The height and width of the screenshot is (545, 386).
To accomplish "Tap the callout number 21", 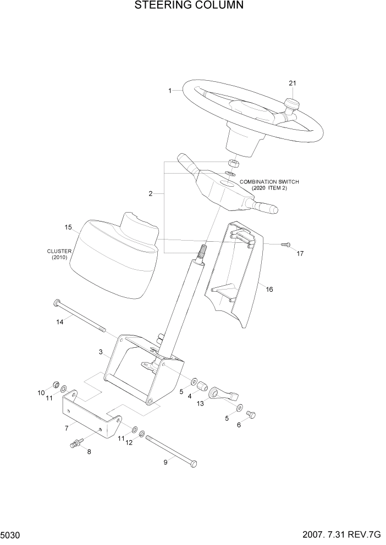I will coord(293,83).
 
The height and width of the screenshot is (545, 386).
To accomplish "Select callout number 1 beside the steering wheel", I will coord(170,90).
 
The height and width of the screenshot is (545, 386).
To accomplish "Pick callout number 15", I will coord(68,227).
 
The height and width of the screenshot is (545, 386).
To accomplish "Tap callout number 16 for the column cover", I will coord(269,289).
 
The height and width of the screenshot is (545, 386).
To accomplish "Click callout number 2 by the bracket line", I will coord(150,194).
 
